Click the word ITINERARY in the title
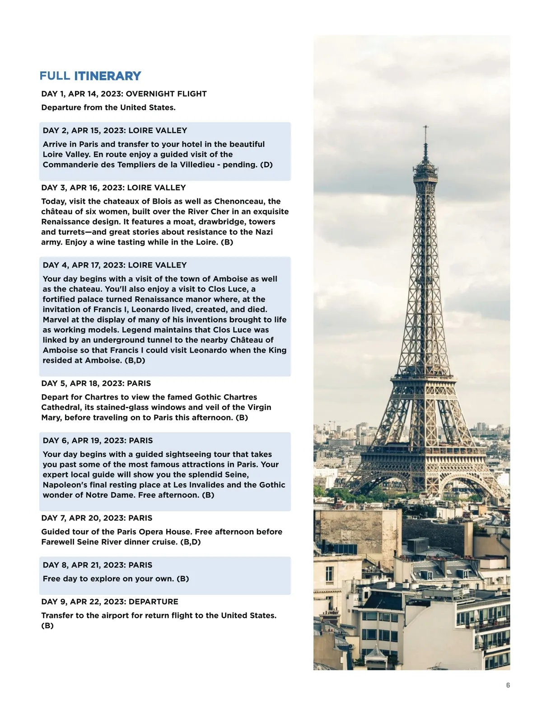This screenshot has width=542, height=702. tap(107, 76)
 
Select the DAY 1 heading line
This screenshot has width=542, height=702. tap(124, 94)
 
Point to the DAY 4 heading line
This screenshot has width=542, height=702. tap(114, 265)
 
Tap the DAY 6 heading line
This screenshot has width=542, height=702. tap(98, 441)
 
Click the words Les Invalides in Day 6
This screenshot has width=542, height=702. tap(199, 485)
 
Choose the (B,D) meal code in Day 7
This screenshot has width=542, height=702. tap(190, 542)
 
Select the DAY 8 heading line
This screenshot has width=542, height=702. tap(97, 565)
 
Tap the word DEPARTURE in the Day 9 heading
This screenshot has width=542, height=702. tap(153, 602)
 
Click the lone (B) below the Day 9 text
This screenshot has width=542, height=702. tap(47, 626)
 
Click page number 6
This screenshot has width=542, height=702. tap(508, 685)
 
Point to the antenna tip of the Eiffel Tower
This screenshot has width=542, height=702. tap(425, 127)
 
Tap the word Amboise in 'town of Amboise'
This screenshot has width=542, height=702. tap(230, 279)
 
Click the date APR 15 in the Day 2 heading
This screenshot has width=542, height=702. tap(86, 131)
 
